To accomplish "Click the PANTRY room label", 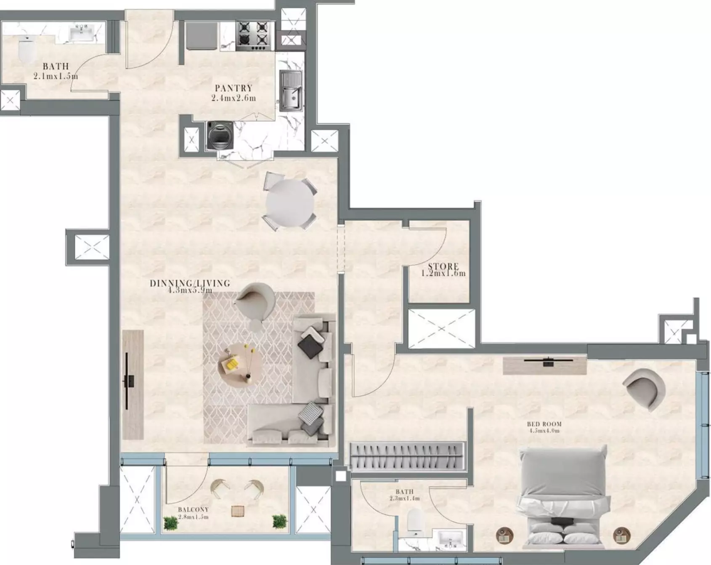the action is [233, 88].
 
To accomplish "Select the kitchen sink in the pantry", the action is [290, 91].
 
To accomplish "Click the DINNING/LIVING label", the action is [190, 283].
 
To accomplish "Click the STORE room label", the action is [443, 266].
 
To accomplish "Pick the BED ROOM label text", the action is [544, 424].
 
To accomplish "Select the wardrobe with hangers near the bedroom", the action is [407, 456].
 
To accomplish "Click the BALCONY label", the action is [193, 509].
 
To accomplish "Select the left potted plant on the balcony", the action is [170, 523].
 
